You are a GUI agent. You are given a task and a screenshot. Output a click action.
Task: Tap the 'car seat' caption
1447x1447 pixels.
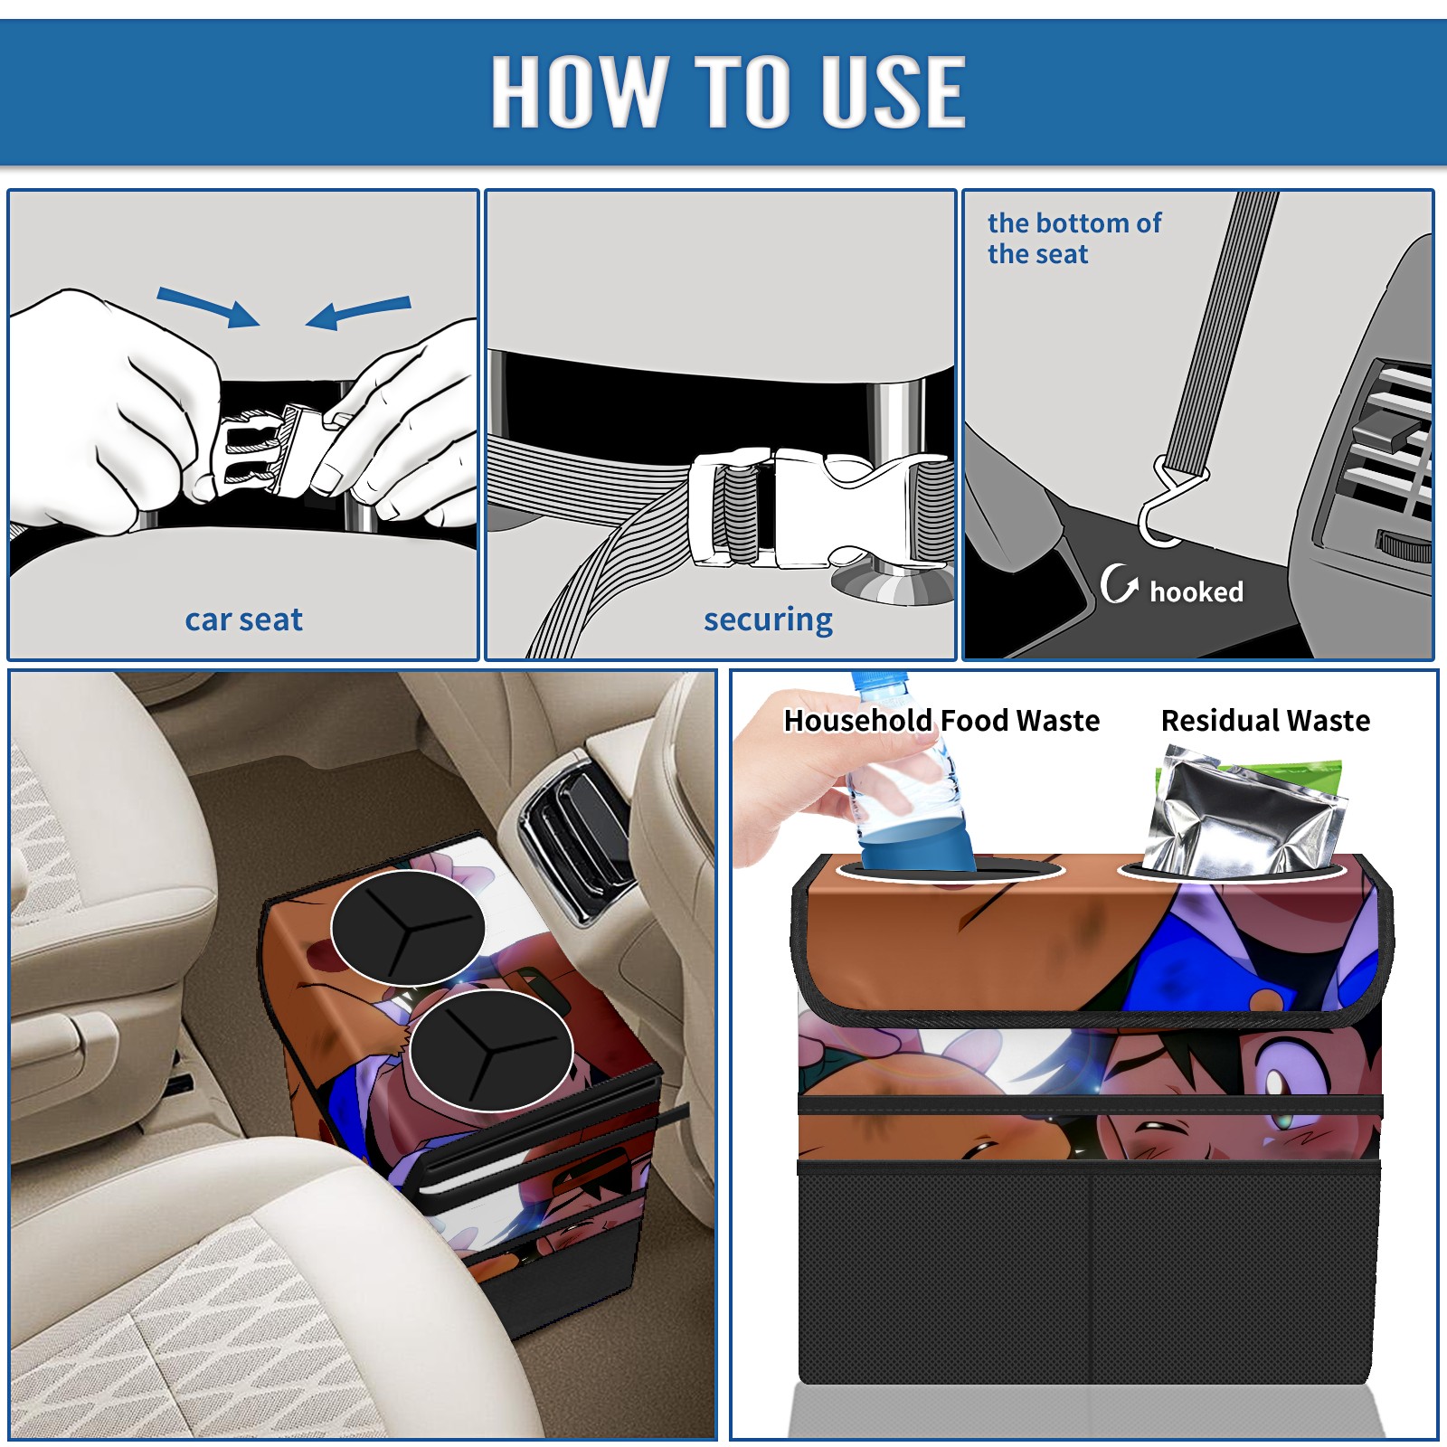243,620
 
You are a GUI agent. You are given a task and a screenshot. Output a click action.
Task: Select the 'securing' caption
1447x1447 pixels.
768,620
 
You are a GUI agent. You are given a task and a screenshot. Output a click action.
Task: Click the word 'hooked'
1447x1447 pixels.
1196,591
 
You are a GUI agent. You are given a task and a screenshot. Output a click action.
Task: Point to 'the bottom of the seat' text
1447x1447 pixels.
1073,239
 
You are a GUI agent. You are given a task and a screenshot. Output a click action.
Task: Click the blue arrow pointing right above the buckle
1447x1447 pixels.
208,307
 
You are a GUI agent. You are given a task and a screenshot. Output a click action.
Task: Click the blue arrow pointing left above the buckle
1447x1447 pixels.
358,312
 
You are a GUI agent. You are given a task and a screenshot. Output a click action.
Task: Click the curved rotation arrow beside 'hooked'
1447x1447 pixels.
1118,584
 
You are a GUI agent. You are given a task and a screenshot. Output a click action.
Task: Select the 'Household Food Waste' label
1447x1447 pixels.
941,721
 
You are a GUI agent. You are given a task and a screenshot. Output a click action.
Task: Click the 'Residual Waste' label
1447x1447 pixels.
1265,721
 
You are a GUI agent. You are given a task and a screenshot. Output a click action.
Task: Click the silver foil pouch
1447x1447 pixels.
1244,814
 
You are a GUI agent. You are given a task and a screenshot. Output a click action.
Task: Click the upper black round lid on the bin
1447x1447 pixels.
408,928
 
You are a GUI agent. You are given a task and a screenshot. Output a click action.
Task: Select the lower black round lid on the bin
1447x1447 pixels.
490,1050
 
